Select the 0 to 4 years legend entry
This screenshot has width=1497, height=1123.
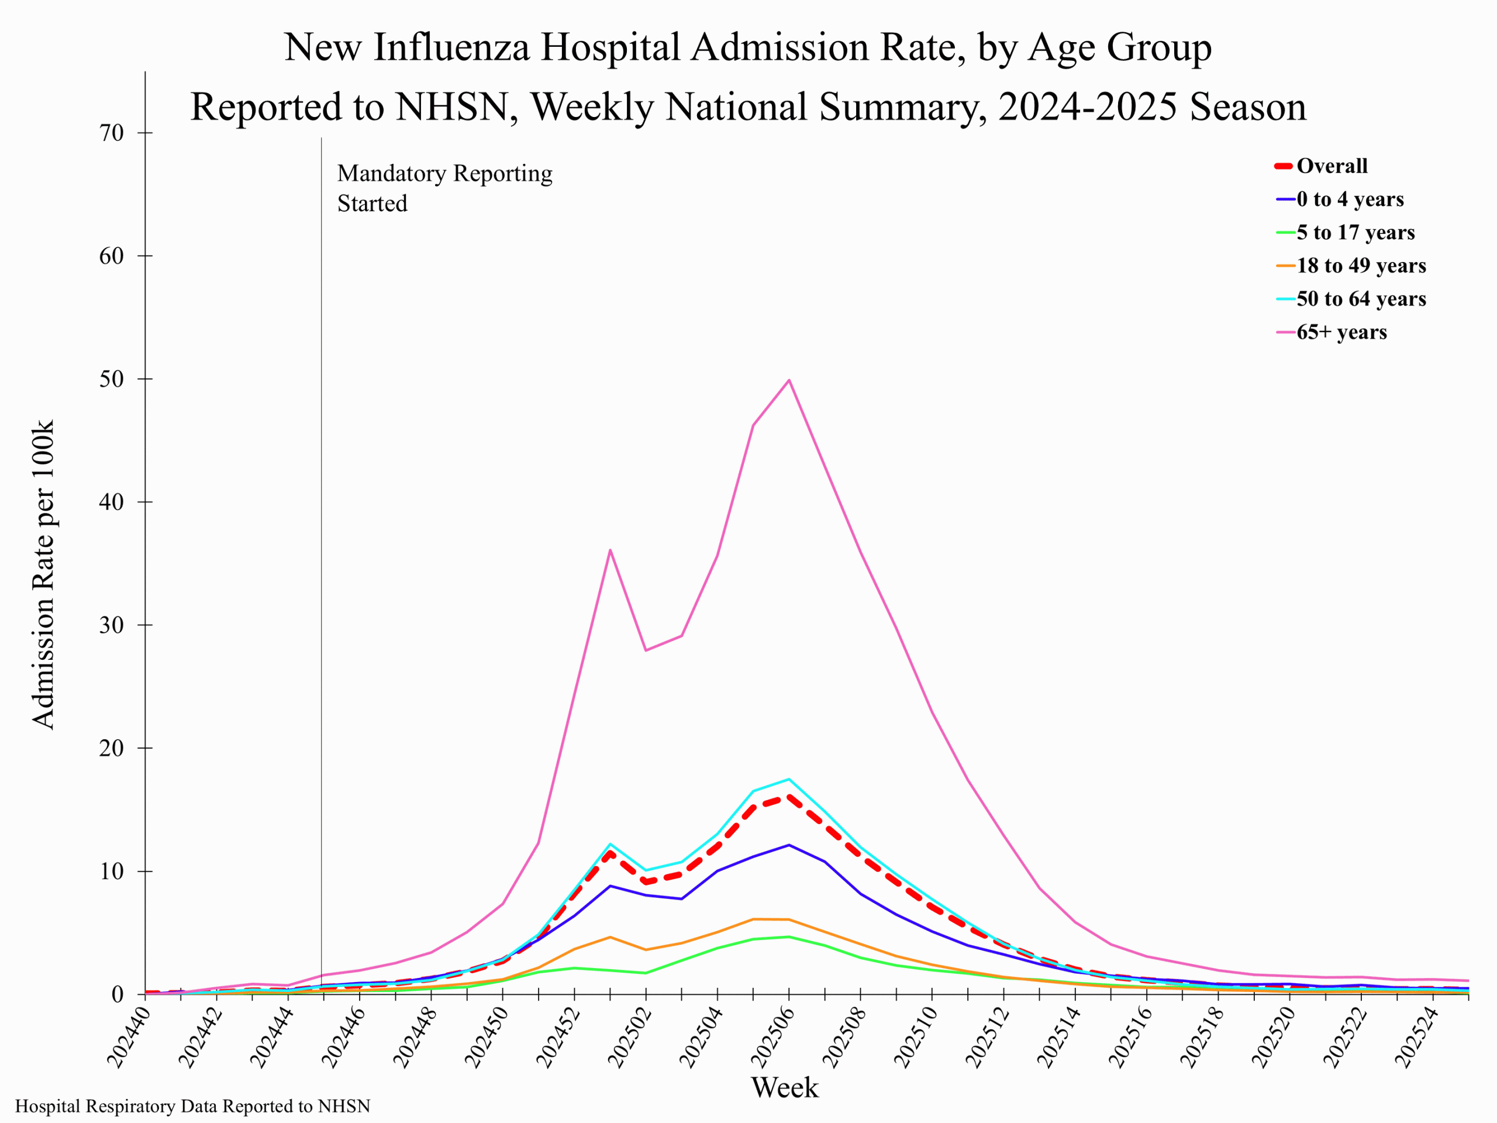tap(1350, 199)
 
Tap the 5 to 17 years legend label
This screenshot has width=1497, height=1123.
tap(1355, 232)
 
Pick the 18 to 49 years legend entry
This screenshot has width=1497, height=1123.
tap(1360, 266)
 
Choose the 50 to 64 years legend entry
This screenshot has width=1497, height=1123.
tap(1360, 298)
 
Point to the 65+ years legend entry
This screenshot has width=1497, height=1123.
tap(1341, 332)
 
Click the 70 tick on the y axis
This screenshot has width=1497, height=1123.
tap(112, 133)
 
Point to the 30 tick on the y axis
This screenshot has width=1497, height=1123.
tap(112, 625)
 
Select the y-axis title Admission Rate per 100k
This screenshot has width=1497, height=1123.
tap(43, 575)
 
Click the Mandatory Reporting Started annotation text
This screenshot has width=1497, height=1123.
tap(444, 188)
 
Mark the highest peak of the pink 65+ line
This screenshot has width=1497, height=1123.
tap(789, 380)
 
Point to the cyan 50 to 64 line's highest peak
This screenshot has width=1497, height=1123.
tap(789, 779)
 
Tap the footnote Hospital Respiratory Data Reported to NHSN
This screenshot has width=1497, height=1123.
tap(193, 1106)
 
